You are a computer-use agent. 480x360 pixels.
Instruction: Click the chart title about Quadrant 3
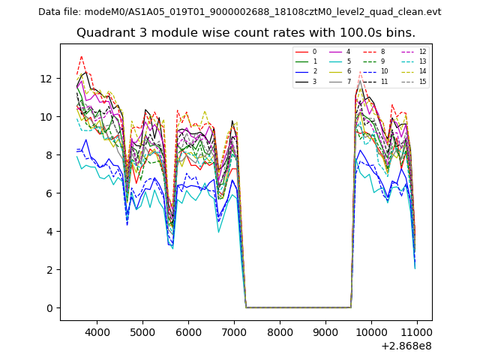point(245,33)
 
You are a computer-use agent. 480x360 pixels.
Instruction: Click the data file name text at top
point(239,12)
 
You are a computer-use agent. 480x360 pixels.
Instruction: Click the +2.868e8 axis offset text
point(406,346)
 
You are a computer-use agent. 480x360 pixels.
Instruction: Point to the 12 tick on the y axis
point(46,78)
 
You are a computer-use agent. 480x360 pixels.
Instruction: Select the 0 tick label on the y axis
point(49,308)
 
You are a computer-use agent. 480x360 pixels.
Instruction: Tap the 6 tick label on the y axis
point(49,193)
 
